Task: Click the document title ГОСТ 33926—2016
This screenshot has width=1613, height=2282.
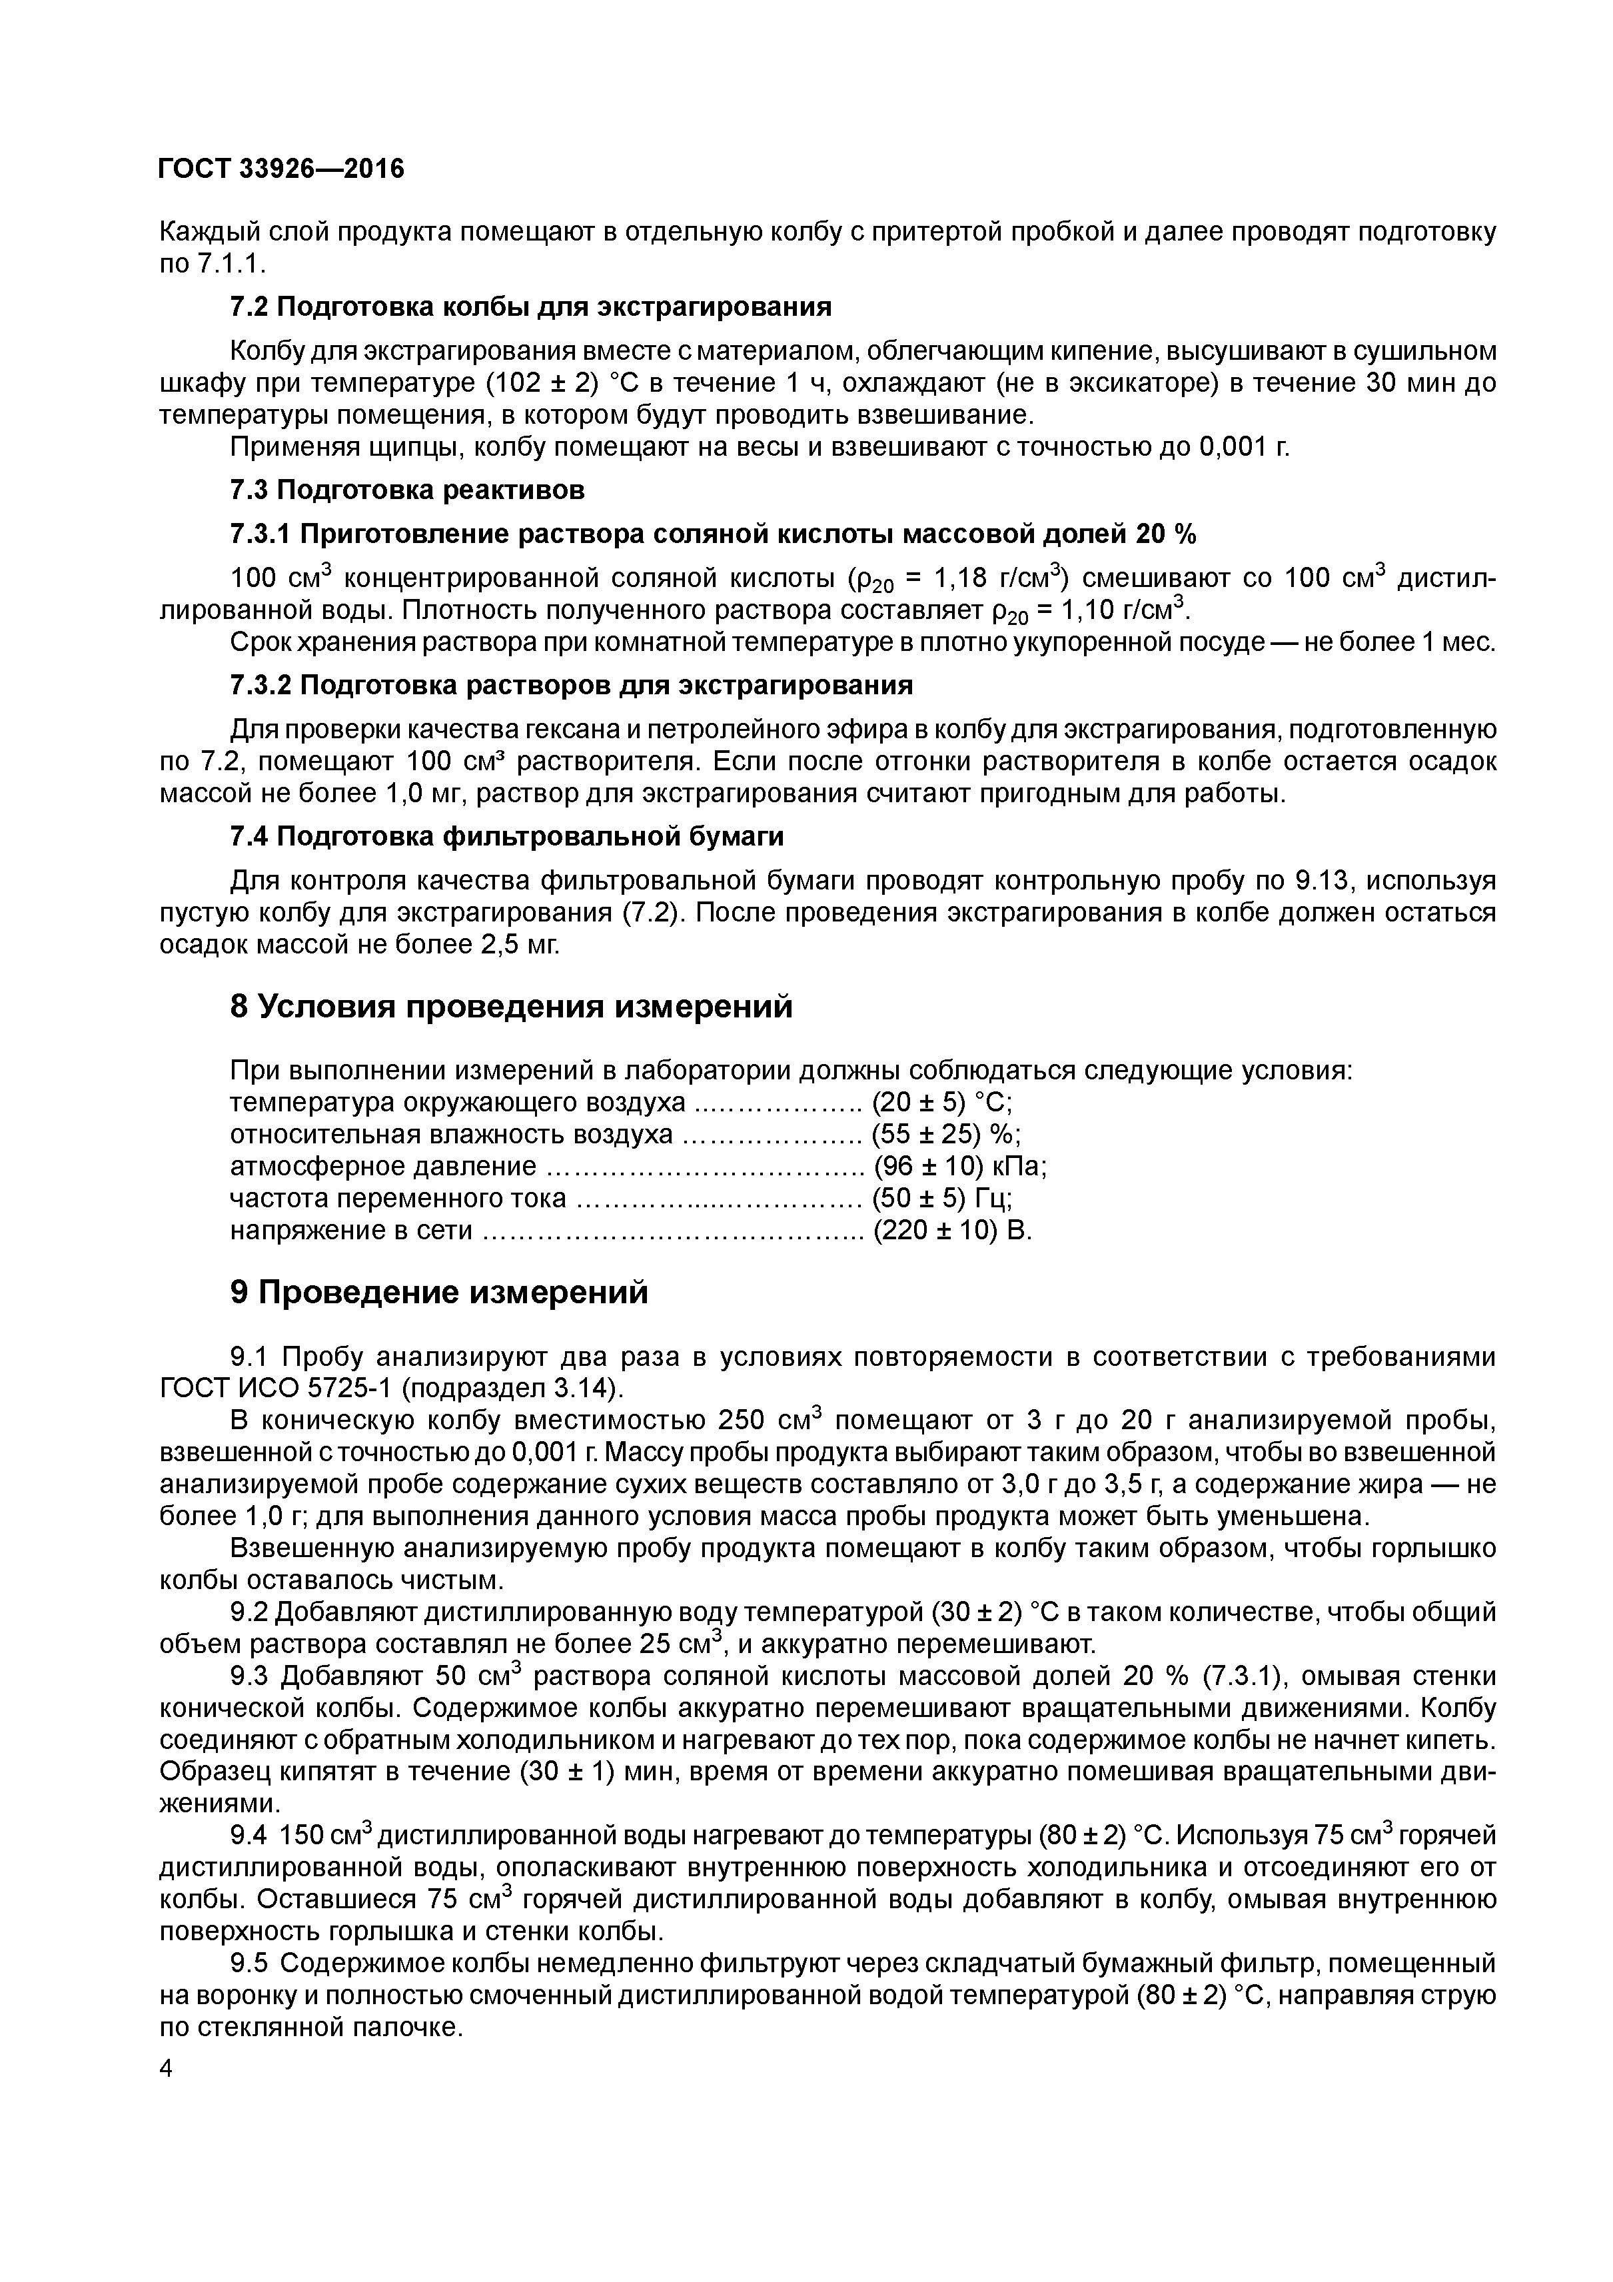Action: point(281,170)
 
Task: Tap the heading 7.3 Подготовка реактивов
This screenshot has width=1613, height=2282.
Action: point(406,490)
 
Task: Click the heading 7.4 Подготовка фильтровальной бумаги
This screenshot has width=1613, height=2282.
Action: point(507,837)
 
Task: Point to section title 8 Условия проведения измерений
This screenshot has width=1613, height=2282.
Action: point(511,1007)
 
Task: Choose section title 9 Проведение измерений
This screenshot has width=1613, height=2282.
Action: point(438,1292)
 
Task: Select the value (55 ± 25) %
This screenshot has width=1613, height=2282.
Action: point(946,1135)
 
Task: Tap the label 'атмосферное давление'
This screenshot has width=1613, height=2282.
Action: point(382,1167)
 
